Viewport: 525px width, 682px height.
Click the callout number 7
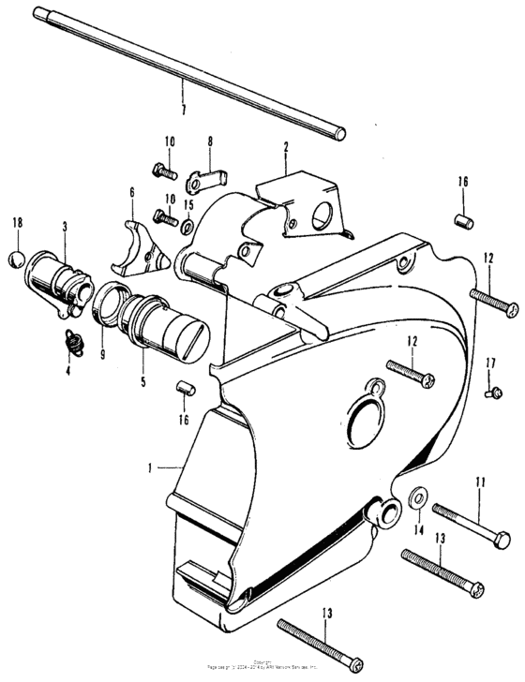[184, 109]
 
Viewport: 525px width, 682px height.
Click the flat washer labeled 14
[415, 498]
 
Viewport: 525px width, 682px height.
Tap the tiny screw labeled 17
[489, 393]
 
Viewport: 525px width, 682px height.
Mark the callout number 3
[65, 227]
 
